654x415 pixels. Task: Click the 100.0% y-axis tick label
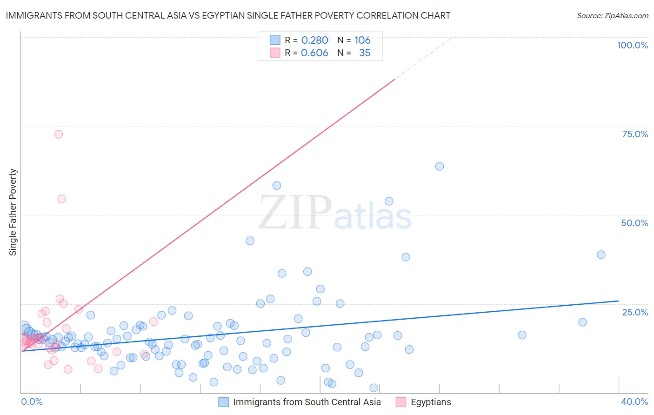[632, 45]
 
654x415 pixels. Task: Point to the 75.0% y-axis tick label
[635, 134]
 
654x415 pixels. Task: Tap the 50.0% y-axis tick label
[634, 223]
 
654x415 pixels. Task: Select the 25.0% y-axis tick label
[635, 312]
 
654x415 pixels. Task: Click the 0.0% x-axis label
[32, 402]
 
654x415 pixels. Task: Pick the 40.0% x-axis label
[634, 402]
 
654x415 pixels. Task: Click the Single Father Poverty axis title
[13, 212]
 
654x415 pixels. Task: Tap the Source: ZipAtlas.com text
[612, 15]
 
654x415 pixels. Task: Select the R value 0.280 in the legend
[314, 40]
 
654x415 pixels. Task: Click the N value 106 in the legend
[362, 40]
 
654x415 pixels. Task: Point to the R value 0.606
[314, 53]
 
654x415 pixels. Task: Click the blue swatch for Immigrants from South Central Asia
[223, 402]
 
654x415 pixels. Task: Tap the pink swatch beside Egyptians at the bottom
[401, 402]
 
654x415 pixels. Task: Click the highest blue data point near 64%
[439, 166]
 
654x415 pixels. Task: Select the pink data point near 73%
[59, 134]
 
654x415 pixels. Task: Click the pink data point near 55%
[61, 199]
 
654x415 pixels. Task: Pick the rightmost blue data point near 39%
[601, 254]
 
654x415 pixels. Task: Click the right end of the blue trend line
[619, 301]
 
